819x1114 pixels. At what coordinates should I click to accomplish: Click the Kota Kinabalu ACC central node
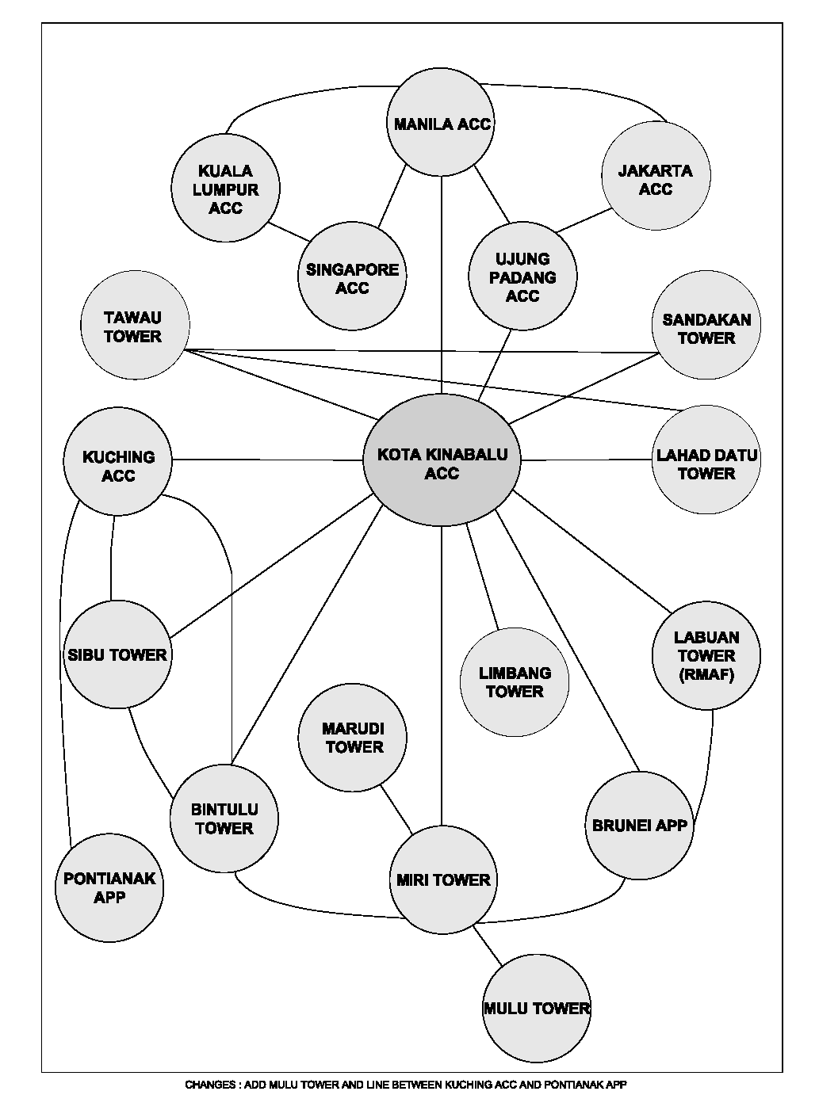[442, 460]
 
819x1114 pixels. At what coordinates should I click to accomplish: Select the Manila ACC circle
[442, 122]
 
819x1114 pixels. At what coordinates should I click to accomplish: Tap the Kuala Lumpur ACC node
[225, 188]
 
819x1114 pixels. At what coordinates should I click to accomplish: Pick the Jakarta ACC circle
[656, 176]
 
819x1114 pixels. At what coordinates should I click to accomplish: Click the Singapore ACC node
[352, 276]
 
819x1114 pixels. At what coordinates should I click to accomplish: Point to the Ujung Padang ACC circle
[522, 276]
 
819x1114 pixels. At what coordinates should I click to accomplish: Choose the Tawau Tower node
[135, 325]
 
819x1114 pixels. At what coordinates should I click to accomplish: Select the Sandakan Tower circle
[706, 325]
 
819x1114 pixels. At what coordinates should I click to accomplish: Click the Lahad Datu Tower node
[706, 460]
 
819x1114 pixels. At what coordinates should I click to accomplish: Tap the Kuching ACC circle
[117, 461]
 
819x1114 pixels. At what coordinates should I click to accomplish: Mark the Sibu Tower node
[117, 654]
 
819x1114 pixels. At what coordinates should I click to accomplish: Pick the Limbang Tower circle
[515, 682]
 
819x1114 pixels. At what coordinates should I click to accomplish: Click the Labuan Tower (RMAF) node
[706, 655]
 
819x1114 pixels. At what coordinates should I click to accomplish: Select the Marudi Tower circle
[352, 738]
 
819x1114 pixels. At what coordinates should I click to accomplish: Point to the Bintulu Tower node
[224, 818]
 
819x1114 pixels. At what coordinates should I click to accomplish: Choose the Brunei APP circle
[639, 826]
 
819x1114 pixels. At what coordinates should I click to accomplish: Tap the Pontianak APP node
[109, 887]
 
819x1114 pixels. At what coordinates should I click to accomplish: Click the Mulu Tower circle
[537, 1009]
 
